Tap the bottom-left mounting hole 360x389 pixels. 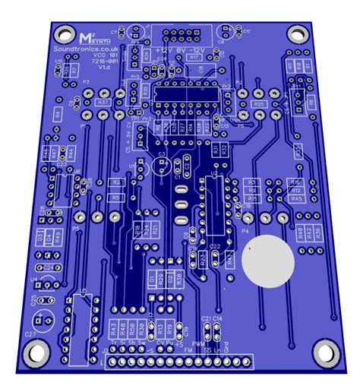click(33, 352)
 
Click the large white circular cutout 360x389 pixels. click(267, 260)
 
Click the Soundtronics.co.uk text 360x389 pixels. click(85, 47)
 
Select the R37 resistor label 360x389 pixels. click(104, 102)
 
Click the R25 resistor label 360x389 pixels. click(258, 104)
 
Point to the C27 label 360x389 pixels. click(30, 334)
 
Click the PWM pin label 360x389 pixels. click(197, 344)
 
